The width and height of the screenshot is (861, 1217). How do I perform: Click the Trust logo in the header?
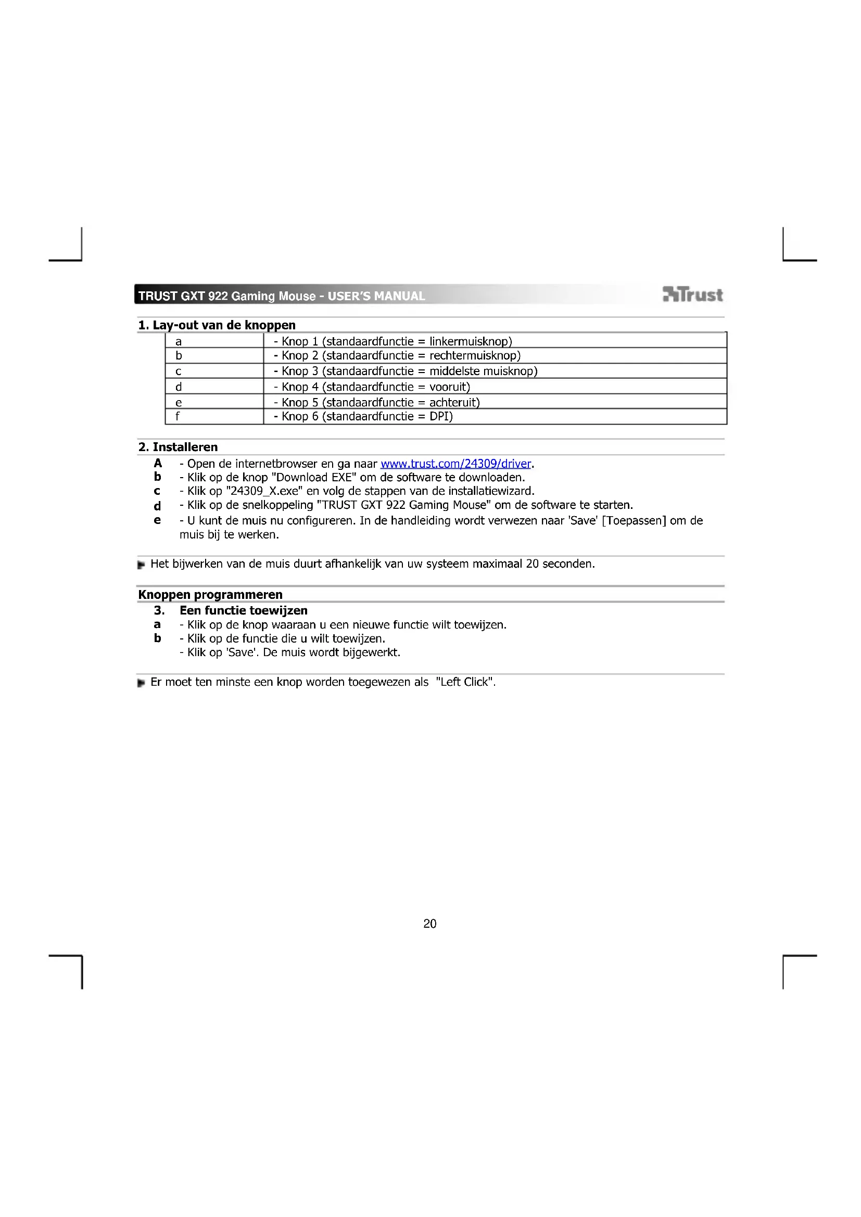[x=692, y=294]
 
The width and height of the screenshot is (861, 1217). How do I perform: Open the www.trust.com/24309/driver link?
[x=455, y=464]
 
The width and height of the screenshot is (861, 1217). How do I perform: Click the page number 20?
[x=430, y=924]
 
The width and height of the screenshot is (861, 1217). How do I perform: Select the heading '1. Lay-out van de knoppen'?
[x=217, y=325]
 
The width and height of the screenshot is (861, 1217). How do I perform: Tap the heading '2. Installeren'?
[x=178, y=447]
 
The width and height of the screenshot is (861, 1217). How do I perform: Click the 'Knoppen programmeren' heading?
[x=210, y=594]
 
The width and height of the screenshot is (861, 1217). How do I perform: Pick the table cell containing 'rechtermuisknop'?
[x=494, y=356]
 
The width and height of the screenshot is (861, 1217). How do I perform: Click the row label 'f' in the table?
[x=178, y=417]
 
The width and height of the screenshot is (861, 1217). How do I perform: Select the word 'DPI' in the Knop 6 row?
[x=440, y=417]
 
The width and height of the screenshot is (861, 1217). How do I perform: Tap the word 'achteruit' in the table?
[x=454, y=402]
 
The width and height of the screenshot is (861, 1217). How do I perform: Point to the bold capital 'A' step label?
[x=157, y=463]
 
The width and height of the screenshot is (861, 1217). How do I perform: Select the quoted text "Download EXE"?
[x=313, y=478]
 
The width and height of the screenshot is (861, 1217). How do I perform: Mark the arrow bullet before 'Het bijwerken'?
[x=141, y=565]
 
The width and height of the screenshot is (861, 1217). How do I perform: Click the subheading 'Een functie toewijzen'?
[x=243, y=611]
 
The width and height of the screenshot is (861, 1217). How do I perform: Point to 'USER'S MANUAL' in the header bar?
[x=376, y=296]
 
